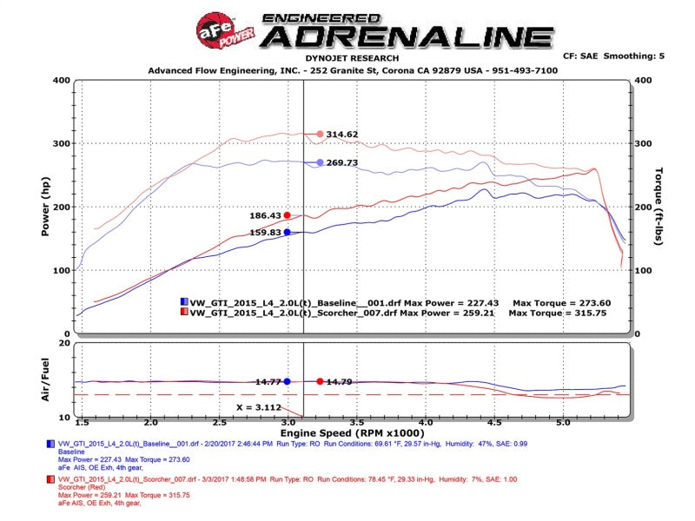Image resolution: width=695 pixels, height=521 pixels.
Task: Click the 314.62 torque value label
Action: [341, 135]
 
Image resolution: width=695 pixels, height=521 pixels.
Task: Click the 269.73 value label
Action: [341, 162]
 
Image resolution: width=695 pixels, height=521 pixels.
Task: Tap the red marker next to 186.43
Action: [288, 215]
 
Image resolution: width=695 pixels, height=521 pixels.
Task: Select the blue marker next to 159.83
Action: [287, 232]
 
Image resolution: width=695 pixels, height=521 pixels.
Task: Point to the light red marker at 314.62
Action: [320, 134]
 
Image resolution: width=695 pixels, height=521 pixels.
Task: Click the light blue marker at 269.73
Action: [320, 162]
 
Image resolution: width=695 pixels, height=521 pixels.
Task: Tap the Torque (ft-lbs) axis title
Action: [659, 207]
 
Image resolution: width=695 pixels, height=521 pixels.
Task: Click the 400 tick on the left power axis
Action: [60, 80]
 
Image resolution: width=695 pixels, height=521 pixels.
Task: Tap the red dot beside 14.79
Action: [320, 381]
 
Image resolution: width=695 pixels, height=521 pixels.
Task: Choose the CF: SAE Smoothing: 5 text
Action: [613, 56]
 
